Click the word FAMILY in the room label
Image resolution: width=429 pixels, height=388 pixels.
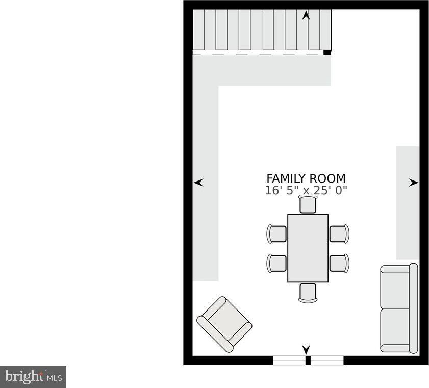(286, 178)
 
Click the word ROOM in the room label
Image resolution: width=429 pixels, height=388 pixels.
(327, 178)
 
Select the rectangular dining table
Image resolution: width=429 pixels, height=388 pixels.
(308, 248)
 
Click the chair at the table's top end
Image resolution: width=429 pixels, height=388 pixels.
(308, 204)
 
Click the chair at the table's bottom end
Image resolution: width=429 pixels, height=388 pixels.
(308, 293)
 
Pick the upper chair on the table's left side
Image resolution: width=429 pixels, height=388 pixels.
(276, 234)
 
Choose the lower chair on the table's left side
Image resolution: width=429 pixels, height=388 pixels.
(276, 263)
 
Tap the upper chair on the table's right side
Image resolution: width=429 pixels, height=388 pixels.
(339, 234)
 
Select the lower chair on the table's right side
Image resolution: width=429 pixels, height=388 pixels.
(339, 263)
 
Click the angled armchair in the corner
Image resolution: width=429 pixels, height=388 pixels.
(224, 324)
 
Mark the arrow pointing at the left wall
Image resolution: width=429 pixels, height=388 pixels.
(198, 183)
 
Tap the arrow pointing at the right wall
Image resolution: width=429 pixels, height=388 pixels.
(413, 183)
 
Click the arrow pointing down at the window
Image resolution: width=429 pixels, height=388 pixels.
(306, 350)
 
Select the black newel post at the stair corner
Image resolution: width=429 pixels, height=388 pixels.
(327, 52)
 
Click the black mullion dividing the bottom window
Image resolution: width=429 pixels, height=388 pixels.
(308, 360)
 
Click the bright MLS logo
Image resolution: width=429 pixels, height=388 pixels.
(33, 377)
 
